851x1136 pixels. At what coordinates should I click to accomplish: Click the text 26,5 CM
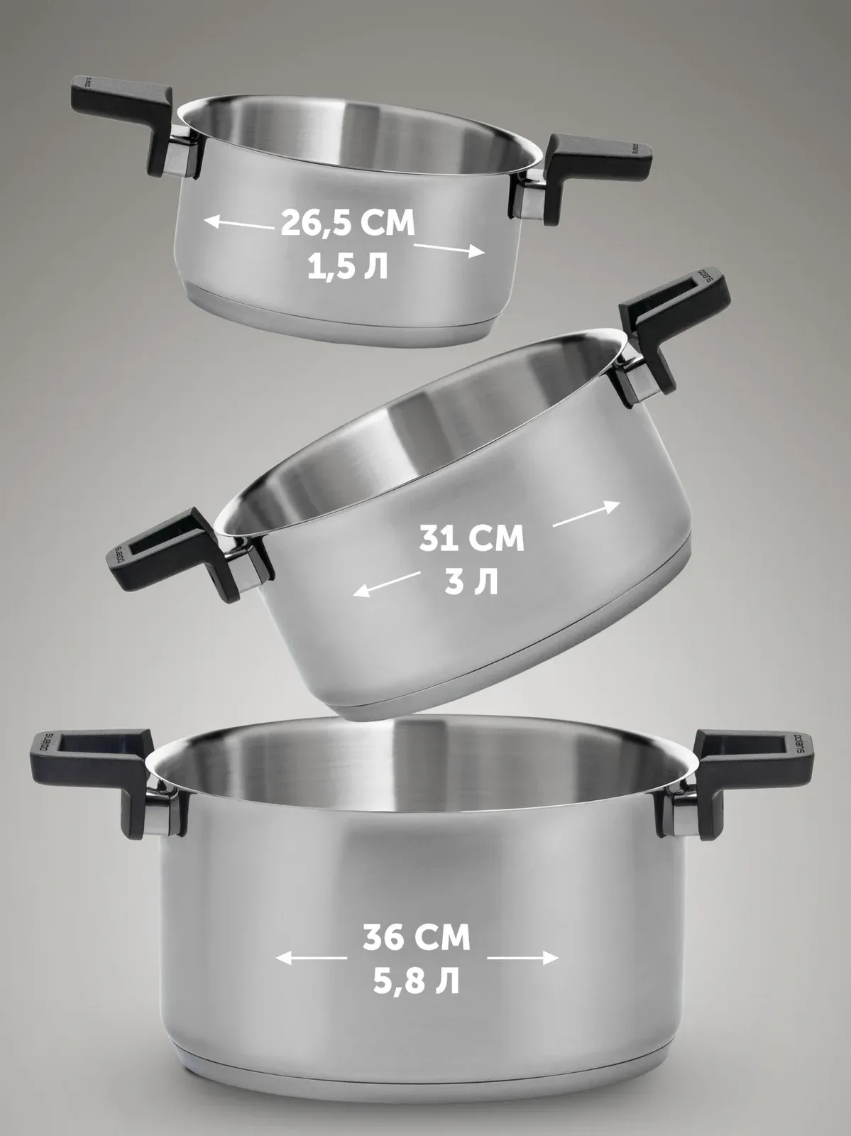pos(348,222)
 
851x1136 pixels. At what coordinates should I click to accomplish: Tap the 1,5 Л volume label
pos(348,268)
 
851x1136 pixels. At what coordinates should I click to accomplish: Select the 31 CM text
pos(471,538)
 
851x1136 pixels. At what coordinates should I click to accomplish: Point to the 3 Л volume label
pos(471,582)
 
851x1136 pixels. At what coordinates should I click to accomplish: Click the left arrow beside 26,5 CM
pos(238,224)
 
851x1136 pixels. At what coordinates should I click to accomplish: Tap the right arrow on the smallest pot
pos(449,249)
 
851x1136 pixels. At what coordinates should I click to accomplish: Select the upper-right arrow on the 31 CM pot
pos(587,514)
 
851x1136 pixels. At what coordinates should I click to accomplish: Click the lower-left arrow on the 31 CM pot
pos(386,584)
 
